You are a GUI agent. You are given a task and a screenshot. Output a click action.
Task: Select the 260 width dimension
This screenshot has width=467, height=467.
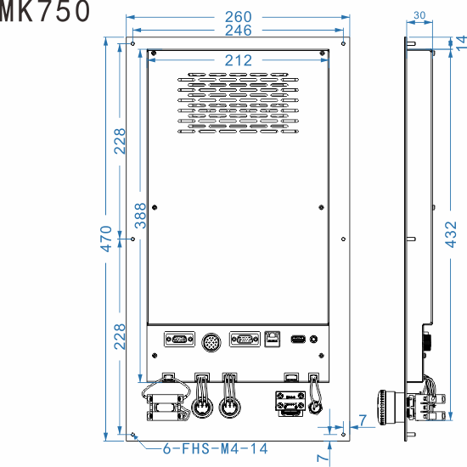click(238, 16)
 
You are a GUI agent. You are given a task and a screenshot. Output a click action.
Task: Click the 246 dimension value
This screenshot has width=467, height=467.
click(238, 31)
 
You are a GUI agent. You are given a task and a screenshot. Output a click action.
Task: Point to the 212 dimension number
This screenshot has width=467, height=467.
click(239, 61)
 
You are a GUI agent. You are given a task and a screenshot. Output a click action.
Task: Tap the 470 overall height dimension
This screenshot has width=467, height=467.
click(107, 239)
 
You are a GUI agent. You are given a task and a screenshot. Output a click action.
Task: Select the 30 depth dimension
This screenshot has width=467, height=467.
click(419, 14)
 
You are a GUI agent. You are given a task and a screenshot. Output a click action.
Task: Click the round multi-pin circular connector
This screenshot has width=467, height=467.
click(211, 340)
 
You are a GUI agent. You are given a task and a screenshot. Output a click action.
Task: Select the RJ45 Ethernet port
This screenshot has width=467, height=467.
click(273, 339)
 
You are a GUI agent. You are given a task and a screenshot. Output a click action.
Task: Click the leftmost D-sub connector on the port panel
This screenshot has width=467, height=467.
click(177, 340)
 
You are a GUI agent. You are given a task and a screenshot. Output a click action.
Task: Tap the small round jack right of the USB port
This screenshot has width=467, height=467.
click(316, 340)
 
